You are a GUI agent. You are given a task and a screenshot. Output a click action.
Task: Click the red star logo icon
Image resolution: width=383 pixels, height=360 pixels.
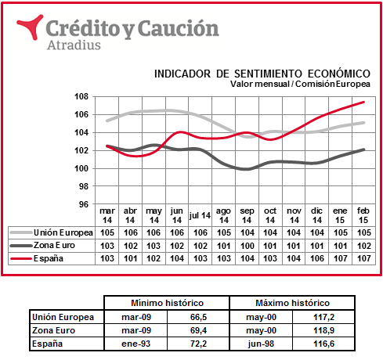click(31, 27)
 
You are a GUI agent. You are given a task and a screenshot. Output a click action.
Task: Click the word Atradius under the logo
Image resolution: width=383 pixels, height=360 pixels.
click(74, 45)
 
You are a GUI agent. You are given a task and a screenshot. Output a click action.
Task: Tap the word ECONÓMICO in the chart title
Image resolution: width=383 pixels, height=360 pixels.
click(339, 74)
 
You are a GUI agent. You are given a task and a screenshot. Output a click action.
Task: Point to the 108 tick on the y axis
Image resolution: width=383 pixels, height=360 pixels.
click(81, 96)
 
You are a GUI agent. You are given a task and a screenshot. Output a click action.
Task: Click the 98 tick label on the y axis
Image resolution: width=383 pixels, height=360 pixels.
click(84, 186)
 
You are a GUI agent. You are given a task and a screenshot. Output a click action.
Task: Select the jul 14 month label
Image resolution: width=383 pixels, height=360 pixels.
click(200, 215)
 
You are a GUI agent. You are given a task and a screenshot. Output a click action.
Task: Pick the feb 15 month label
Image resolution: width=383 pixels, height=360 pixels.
click(363, 215)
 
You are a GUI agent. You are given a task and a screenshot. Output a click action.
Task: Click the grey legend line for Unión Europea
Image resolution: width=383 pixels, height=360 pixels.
click(21, 232)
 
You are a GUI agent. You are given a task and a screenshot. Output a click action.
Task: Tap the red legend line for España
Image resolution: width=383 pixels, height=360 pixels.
click(21, 258)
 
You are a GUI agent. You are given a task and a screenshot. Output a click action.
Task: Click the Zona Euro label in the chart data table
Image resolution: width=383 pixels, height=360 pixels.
click(54, 245)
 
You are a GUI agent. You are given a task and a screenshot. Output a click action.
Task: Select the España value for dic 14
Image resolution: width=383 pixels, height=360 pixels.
click(317, 258)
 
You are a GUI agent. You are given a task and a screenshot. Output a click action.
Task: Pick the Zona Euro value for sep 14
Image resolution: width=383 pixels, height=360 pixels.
click(247, 246)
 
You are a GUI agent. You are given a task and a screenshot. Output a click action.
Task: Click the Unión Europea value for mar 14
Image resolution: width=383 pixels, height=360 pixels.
click(107, 232)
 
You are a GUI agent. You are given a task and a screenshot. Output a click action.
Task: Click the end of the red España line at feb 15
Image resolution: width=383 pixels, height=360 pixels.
click(363, 102)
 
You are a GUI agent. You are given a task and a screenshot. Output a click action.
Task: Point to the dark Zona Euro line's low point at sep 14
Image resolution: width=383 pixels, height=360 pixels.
click(247, 169)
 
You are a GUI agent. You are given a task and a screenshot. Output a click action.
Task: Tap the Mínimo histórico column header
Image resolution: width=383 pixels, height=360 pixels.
click(167, 303)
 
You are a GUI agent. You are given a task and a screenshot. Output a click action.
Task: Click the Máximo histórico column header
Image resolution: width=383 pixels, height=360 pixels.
click(292, 303)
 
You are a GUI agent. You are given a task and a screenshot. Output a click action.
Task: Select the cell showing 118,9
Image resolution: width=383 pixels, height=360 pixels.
click(323, 330)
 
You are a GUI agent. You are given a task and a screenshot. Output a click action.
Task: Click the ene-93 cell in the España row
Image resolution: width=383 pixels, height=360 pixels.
click(136, 344)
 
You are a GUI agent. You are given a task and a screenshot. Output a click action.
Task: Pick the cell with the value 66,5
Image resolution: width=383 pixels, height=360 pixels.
click(198, 317)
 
